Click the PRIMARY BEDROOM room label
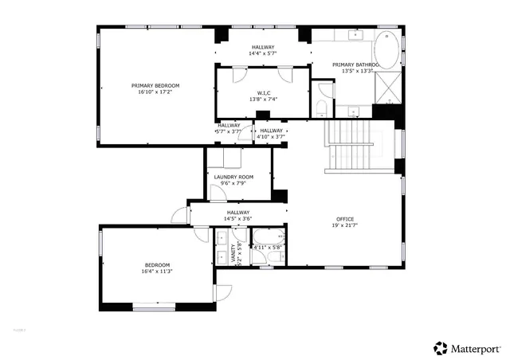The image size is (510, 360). [x=155, y=85]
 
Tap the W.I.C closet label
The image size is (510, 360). [x=263, y=92]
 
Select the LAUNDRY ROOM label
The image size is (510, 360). [x=233, y=177]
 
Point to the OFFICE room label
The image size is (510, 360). [x=345, y=219]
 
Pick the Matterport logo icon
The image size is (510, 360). [x=440, y=347]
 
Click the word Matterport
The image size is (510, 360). [x=477, y=348]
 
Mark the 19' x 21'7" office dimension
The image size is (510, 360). [x=345, y=225]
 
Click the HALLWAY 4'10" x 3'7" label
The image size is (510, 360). [x=271, y=134]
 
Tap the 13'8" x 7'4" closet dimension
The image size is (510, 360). [x=263, y=99]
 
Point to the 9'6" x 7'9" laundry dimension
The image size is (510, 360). [x=233, y=183]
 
